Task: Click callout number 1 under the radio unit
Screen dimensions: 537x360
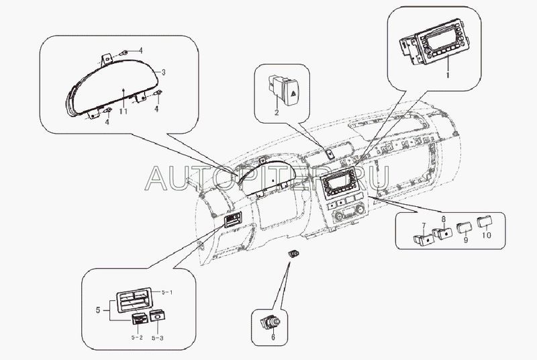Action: (447, 75)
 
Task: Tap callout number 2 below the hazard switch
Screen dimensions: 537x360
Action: (277, 112)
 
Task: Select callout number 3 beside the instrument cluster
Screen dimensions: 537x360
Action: (164, 73)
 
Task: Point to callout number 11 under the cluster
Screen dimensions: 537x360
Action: (124, 111)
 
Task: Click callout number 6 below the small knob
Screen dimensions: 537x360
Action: (273, 337)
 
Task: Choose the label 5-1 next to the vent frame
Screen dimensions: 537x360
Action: (167, 292)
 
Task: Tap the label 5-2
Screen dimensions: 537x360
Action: (137, 337)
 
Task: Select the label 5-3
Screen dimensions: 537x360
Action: (158, 338)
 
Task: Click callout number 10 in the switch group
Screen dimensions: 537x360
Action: (486, 235)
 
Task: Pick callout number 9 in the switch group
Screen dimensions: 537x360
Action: (466, 240)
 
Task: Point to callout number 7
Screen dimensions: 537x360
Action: (424, 226)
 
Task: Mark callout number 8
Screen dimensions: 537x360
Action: (443, 218)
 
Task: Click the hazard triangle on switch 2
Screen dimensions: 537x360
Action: (294, 93)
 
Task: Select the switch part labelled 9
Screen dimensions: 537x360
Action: (464, 228)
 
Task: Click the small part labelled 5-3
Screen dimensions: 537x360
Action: (158, 316)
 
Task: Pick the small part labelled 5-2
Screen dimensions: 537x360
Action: (140, 319)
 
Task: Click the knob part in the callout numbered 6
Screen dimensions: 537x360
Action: (271, 322)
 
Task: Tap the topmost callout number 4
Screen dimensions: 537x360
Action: (140, 50)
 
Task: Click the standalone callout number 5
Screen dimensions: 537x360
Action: (98, 310)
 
